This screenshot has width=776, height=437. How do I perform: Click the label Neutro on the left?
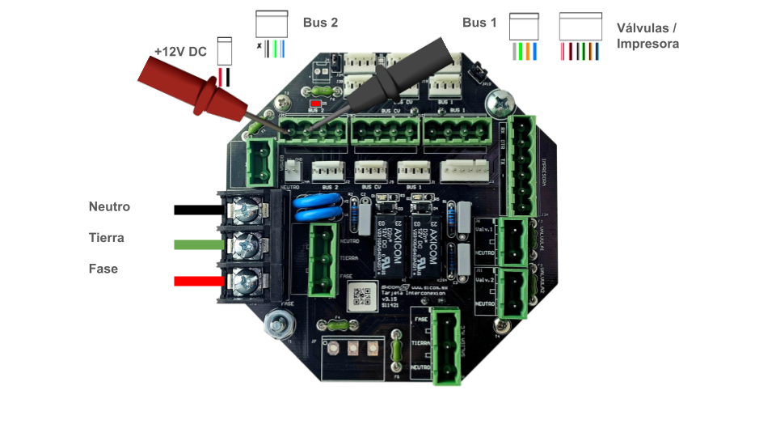click(109, 207)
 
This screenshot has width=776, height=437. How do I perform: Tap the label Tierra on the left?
click(107, 238)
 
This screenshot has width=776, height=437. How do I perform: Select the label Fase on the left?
click(103, 269)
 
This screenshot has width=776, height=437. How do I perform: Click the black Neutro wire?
click(198, 210)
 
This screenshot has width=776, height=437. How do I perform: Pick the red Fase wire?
click(199, 281)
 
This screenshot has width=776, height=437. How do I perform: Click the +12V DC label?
click(180, 52)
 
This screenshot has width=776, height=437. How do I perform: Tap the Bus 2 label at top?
click(320, 23)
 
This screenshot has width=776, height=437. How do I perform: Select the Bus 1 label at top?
click(479, 23)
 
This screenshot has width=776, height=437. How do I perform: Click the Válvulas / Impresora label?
click(647, 36)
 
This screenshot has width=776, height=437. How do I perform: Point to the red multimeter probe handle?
click(191, 85)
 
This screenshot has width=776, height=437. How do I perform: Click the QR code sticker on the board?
click(363, 296)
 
